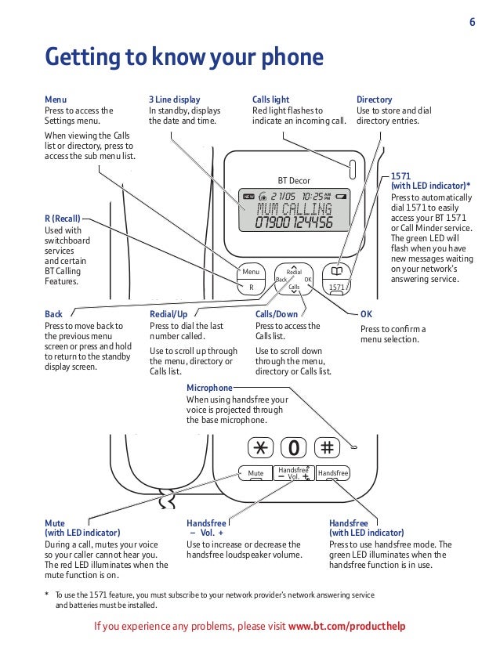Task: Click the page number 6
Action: [473, 22]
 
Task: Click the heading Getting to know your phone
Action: [184, 57]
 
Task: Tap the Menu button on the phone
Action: [251, 272]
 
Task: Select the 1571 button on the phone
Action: [338, 287]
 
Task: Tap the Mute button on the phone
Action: [255, 473]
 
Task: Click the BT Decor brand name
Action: [295, 180]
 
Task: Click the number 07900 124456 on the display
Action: [294, 223]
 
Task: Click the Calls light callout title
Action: [271, 100]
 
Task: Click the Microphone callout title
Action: [209, 388]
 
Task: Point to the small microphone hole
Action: [354, 447]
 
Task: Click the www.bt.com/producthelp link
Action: [347, 627]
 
